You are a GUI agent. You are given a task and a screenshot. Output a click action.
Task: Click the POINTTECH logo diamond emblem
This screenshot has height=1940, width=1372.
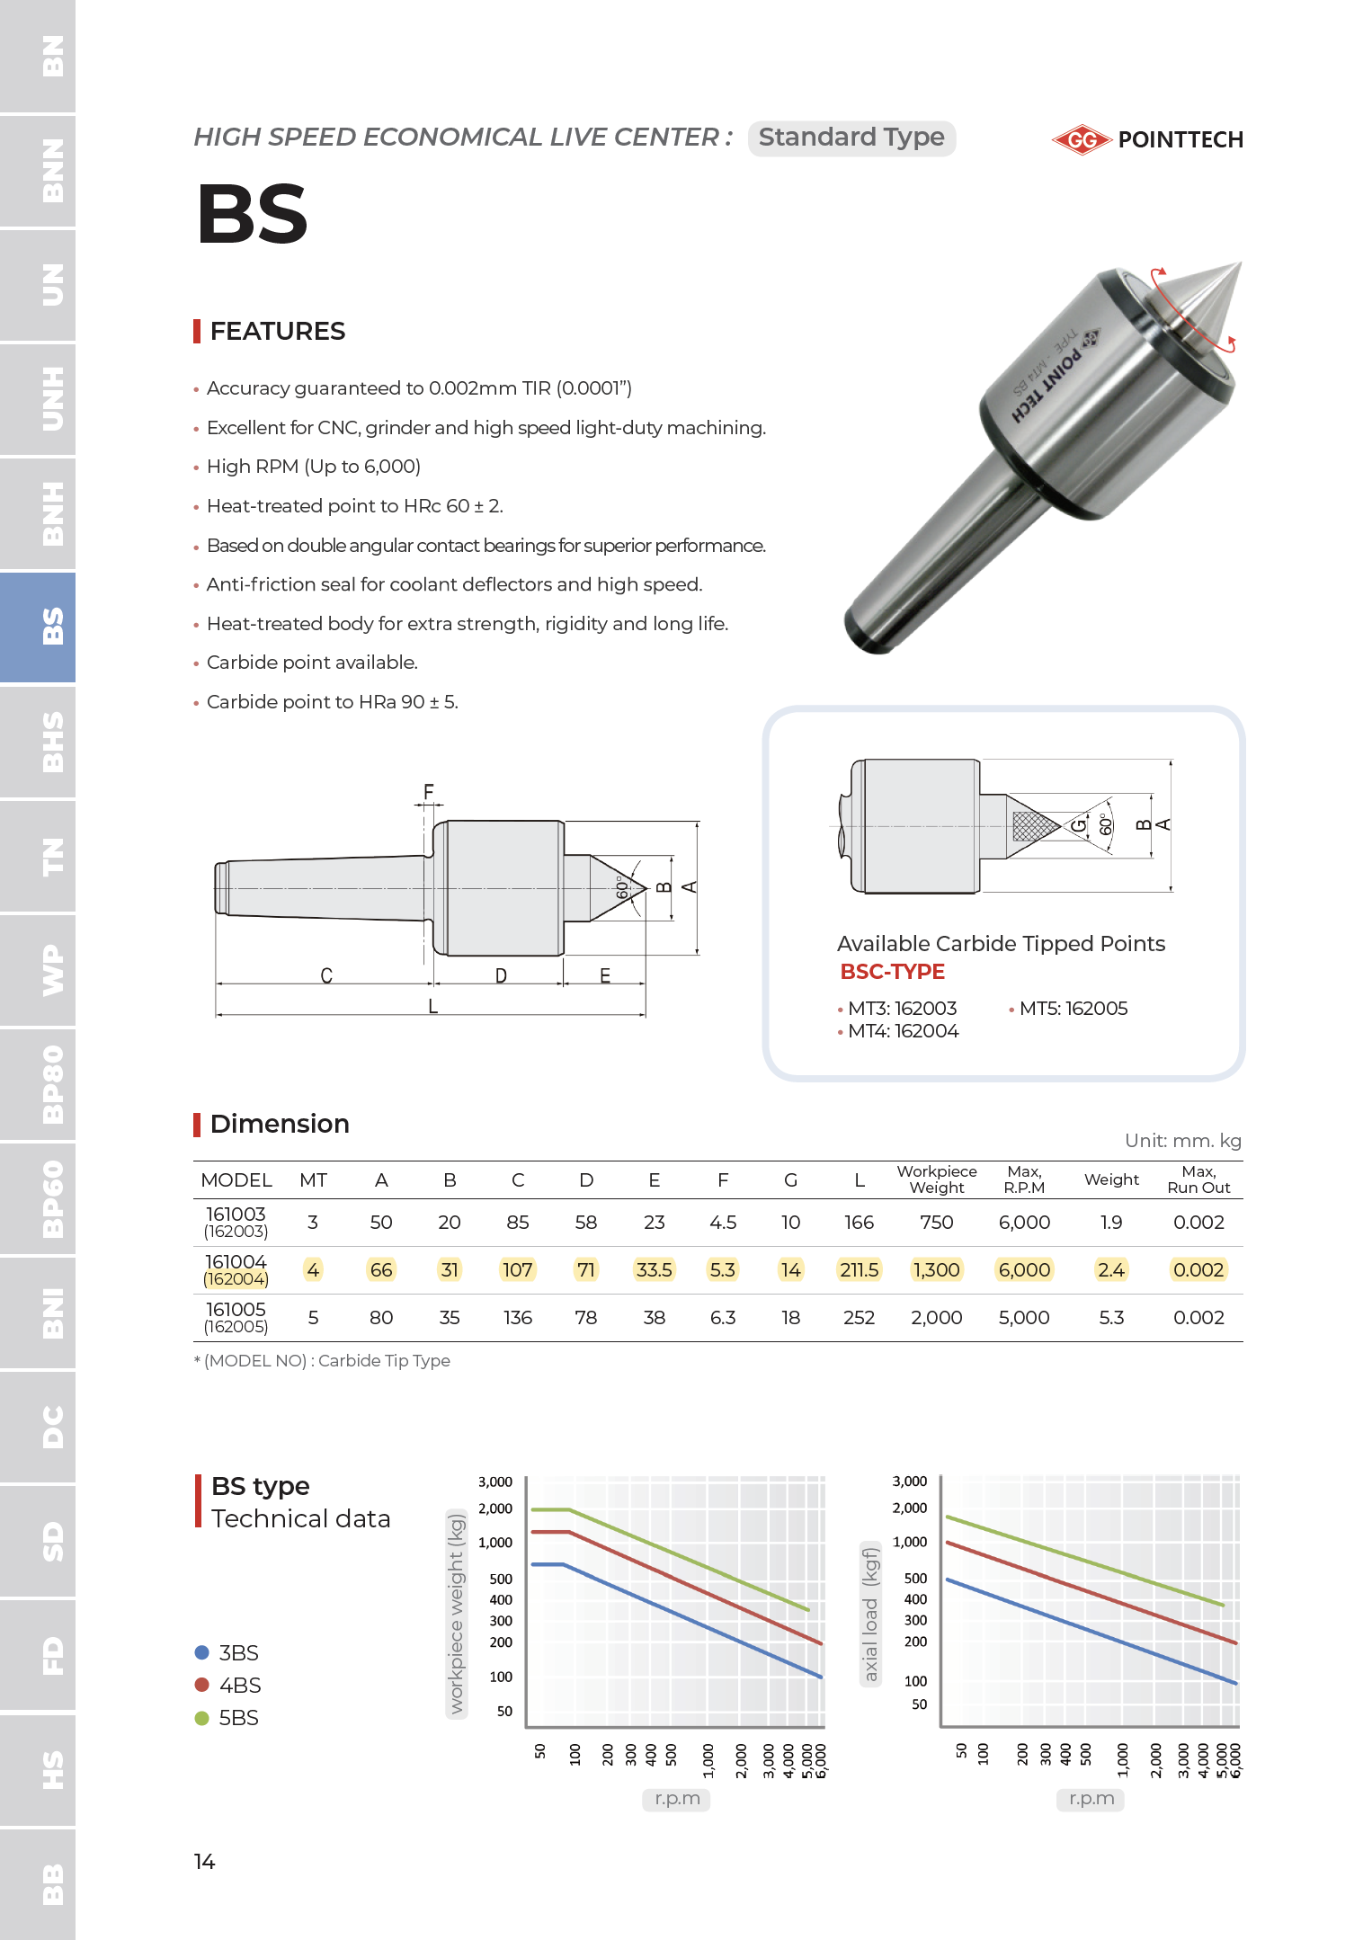coord(1082,140)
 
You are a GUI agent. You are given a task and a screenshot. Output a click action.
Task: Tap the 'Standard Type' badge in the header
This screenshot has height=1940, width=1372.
coord(851,138)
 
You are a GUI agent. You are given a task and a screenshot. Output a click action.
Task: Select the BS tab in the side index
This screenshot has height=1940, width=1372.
coord(39,626)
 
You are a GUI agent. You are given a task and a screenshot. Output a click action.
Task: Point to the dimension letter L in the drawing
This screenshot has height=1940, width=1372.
coord(432,1006)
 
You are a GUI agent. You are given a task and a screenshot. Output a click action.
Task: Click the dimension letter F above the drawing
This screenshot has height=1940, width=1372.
coord(428,792)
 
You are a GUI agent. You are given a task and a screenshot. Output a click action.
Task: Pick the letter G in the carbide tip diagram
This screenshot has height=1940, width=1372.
coord(1078,824)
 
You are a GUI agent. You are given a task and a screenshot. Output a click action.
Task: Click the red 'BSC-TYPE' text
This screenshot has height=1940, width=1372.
coord(892,972)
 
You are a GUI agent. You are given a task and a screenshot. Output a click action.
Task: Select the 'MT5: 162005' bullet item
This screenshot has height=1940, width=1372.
coord(1073,1009)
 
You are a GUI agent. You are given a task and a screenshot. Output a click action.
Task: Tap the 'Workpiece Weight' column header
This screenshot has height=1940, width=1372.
coord(936,1179)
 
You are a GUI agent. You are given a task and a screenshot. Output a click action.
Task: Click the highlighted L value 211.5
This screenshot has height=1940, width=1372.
coord(859,1270)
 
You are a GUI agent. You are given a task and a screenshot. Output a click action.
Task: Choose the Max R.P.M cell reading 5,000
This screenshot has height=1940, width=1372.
coord(1024,1318)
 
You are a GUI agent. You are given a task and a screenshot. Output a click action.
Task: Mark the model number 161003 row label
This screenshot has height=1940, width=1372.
coord(236,1215)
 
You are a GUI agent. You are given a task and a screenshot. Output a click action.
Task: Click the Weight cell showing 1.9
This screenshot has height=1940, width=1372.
coord(1111,1223)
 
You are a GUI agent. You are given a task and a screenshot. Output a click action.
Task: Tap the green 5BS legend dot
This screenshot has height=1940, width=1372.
coord(202,1718)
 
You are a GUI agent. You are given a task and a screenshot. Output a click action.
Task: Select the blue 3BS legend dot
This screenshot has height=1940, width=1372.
coord(202,1652)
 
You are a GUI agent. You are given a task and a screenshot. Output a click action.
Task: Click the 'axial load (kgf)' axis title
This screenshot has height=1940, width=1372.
coord(869,1615)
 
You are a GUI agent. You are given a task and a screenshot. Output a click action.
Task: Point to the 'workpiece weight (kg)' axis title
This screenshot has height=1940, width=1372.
coord(456,1615)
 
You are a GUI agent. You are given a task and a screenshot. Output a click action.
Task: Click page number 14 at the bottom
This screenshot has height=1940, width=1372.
coord(204,1862)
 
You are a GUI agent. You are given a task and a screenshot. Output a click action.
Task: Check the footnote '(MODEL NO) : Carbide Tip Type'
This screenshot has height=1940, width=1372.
coord(326,1361)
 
